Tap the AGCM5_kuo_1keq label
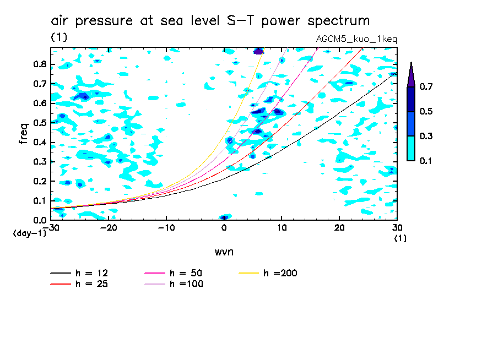(356, 39)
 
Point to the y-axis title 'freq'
(23, 134)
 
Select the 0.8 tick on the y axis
(39, 64)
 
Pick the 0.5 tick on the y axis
(39, 123)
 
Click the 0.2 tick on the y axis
(39, 181)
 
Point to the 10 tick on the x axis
(282, 228)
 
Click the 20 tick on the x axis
(339, 228)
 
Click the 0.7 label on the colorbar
(425, 87)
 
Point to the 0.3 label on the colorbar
(425, 137)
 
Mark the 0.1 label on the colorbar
(425, 161)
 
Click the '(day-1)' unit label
(26, 233)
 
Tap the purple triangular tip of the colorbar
(411, 74)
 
